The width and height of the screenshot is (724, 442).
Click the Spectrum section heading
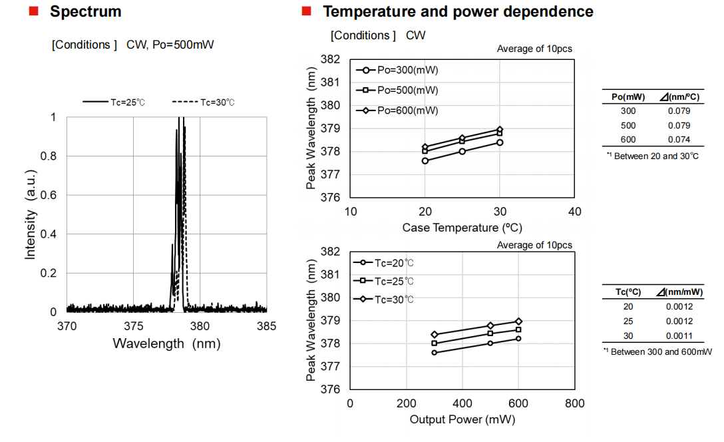coord(86,11)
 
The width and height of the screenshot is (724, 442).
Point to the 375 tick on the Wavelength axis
coord(134,326)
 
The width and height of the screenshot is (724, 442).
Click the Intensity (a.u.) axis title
coord(31,214)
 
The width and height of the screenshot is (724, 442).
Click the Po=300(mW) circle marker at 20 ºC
coord(425,160)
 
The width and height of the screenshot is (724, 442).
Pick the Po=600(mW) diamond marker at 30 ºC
coord(500,129)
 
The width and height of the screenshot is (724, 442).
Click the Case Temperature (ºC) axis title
coord(462,228)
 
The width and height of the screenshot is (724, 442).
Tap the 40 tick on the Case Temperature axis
coord(576,212)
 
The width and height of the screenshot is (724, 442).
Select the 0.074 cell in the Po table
coord(679,139)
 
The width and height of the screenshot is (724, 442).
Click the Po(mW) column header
coord(628,97)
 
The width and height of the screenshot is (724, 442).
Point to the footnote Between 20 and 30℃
coord(653,156)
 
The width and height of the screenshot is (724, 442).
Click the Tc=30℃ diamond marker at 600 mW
coord(518,322)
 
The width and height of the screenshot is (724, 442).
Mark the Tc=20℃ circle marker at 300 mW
coord(435,352)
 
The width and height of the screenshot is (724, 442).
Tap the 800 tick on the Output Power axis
coord(574,403)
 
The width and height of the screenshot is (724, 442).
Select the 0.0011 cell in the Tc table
coord(679,335)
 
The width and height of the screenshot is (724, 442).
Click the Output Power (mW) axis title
coord(462,419)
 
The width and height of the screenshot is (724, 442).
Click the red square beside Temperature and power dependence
coord(306,11)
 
